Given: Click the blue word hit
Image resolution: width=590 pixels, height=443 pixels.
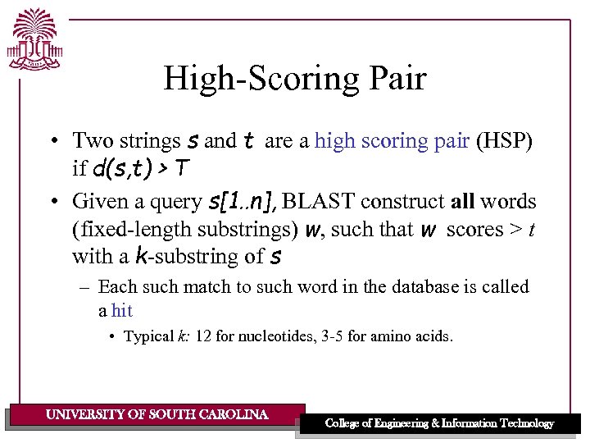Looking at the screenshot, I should pyautogui.click(x=122, y=311).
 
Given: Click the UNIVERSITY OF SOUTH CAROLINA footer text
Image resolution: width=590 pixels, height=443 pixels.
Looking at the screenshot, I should pyautogui.click(x=157, y=415).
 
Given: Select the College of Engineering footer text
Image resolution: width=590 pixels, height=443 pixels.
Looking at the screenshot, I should pyautogui.click(x=439, y=423).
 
